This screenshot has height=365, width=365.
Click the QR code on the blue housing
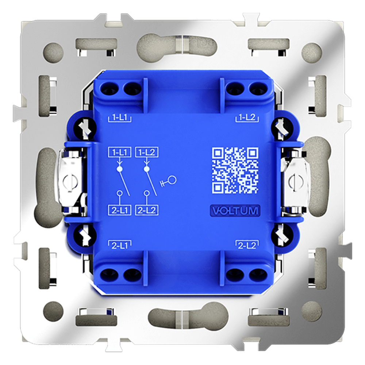click(x=235, y=170)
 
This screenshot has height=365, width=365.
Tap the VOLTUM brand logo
click(x=235, y=211)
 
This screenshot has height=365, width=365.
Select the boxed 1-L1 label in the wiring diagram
click(x=119, y=152)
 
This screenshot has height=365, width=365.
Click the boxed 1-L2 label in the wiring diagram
click(x=147, y=152)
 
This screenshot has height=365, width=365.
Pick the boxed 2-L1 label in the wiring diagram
click(x=120, y=211)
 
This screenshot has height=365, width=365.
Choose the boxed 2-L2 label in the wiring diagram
click(x=147, y=211)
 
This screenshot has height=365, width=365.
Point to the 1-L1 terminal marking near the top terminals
click(x=120, y=118)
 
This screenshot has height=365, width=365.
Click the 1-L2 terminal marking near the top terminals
click(x=247, y=118)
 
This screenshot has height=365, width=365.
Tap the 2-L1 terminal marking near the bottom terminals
click(x=120, y=245)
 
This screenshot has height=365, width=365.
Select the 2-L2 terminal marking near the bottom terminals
click(x=247, y=245)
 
